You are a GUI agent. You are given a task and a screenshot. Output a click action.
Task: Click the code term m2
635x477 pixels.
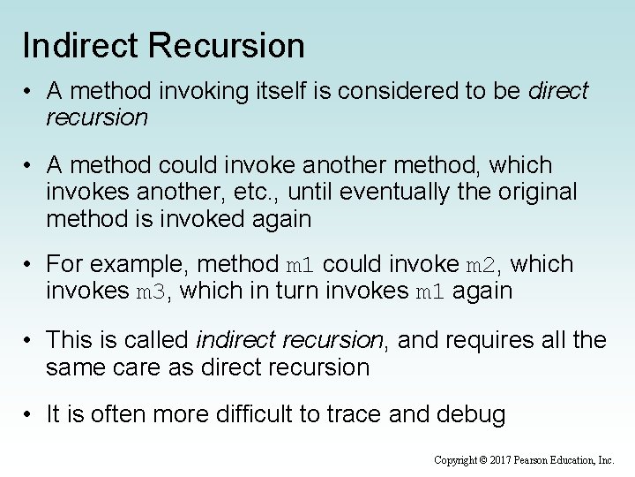pos(482,265)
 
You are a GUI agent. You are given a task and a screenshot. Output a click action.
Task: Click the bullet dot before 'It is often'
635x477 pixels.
pos(30,415)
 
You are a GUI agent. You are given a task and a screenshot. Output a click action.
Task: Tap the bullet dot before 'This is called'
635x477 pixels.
pos(30,340)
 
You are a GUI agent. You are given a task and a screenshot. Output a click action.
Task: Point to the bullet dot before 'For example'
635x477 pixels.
pos(30,264)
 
